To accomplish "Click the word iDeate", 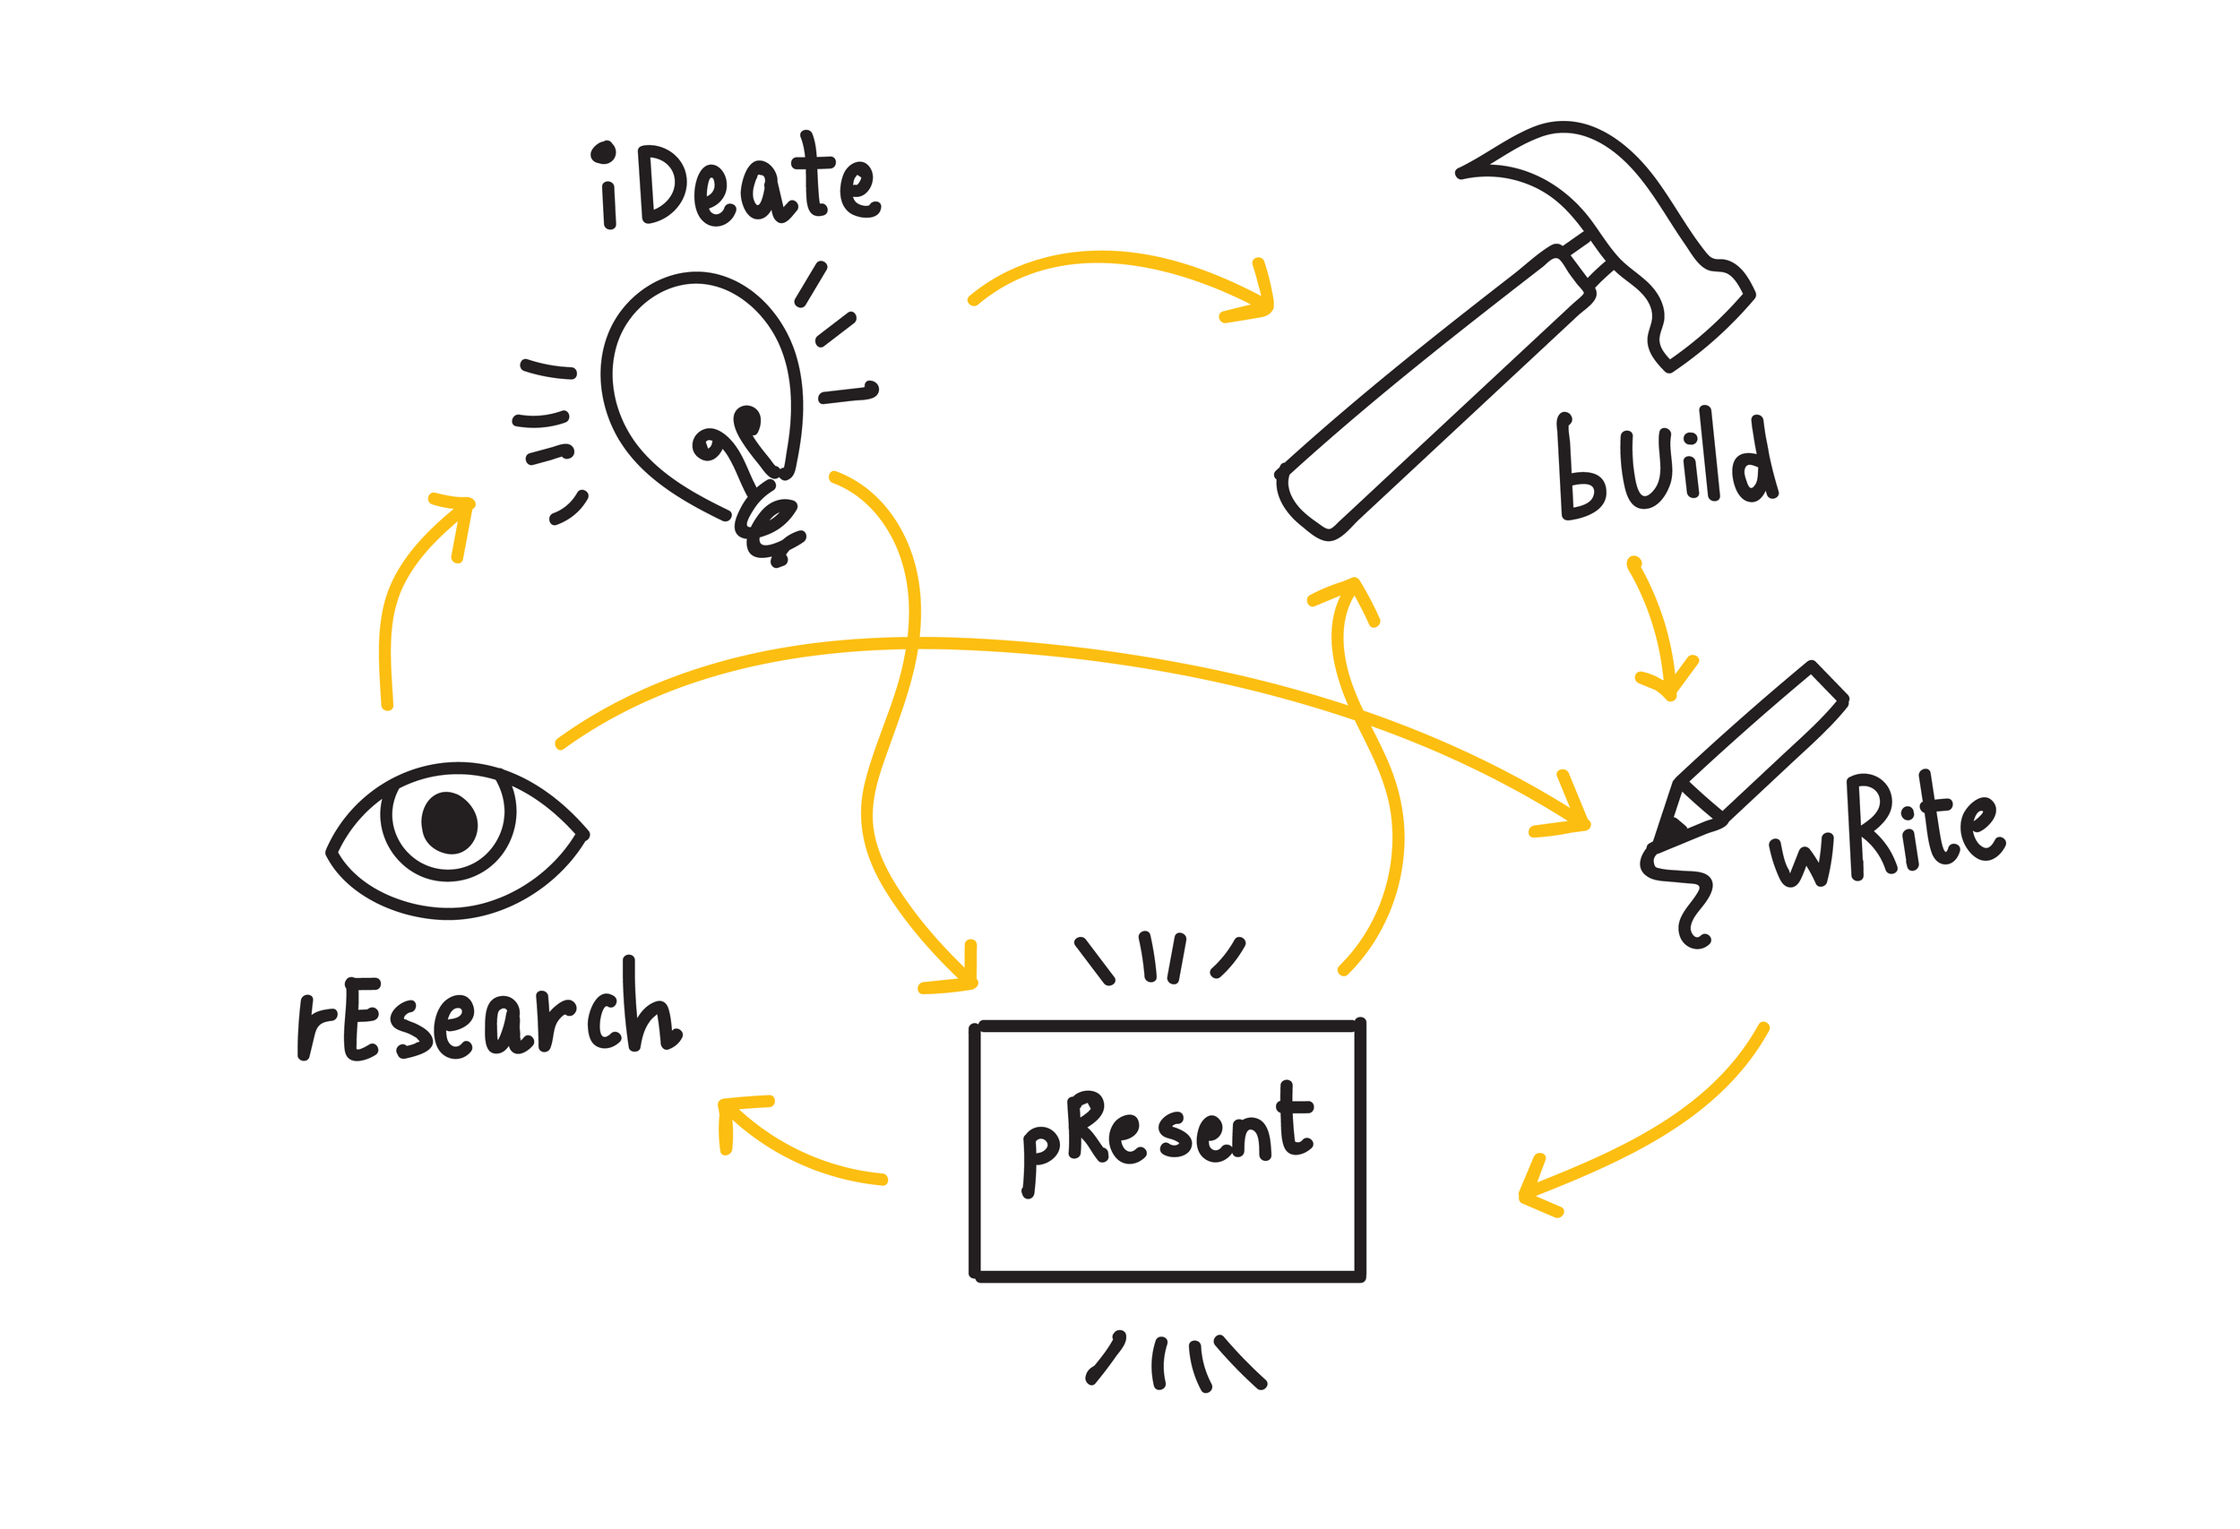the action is [x=737, y=183].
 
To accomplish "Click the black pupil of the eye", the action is [x=449, y=821].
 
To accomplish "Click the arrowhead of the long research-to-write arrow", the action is [x=1571, y=819].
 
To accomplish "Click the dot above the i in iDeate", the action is [x=603, y=152].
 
